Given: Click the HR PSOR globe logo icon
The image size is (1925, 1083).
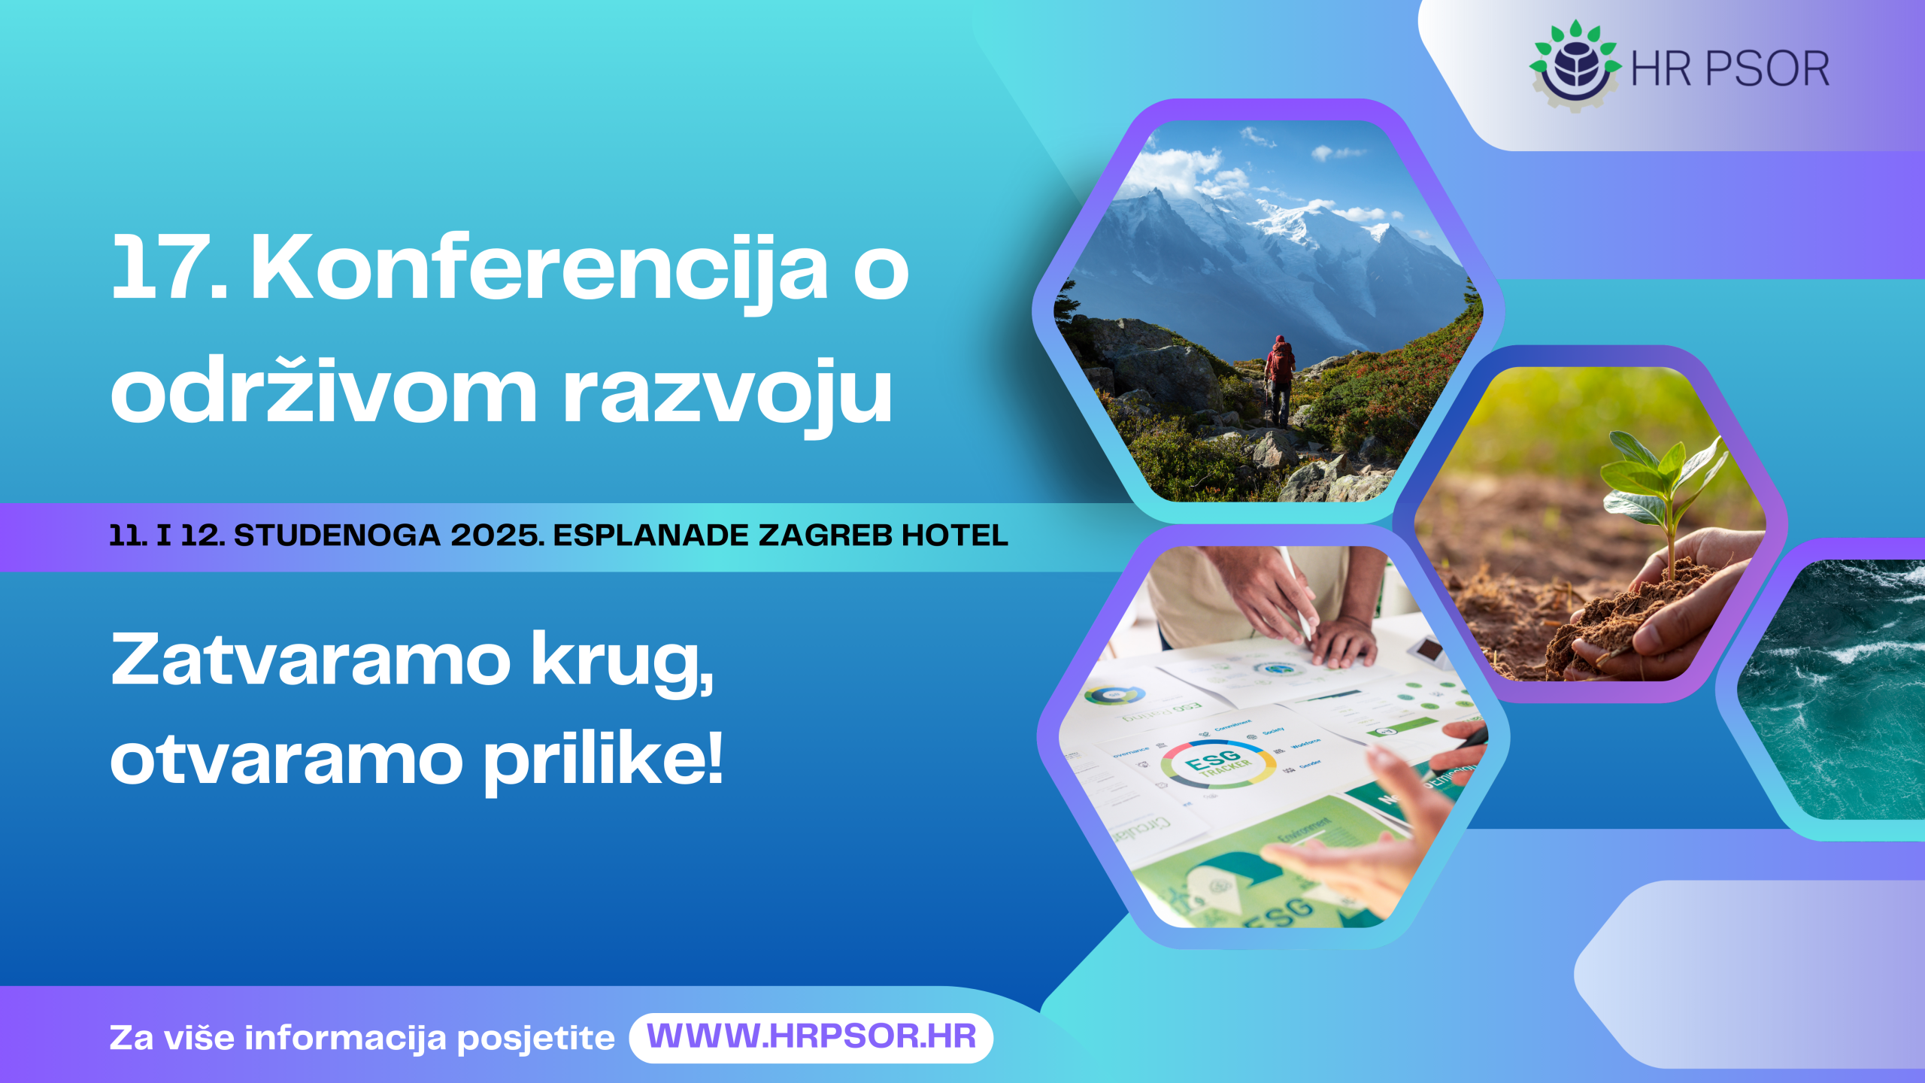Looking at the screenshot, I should pyautogui.click(x=1575, y=66).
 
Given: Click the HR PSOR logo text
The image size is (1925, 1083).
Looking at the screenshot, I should pyautogui.click(x=1730, y=69).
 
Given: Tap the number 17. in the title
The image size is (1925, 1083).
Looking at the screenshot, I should pyautogui.click(x=168, y=268).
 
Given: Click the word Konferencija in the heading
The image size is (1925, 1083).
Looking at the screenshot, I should pyautogui.click(x=538, y=269).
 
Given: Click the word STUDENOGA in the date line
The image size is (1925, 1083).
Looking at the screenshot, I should pyautogui.click(x=337, y=535).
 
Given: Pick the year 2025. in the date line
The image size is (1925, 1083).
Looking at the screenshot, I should pyautogui.click(x=497, y=535).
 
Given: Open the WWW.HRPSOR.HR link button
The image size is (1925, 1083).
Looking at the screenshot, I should pyautogui.click(x=811, y=1037).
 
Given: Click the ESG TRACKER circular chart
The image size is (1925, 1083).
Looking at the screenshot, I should pyautogui.click(x=1218, y=763).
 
